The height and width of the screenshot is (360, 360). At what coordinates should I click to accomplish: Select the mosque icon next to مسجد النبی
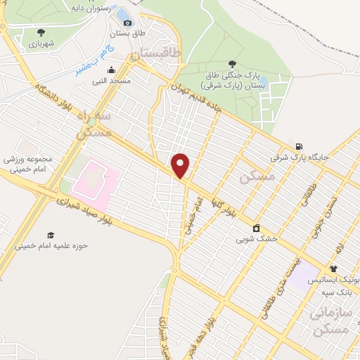pos(111,70)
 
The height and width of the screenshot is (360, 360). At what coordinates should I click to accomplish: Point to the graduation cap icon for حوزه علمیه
pos(50,235)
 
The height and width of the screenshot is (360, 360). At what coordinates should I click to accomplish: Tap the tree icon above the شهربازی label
pos(41,32)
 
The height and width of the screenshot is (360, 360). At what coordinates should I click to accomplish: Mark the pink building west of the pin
pos(91,176)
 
